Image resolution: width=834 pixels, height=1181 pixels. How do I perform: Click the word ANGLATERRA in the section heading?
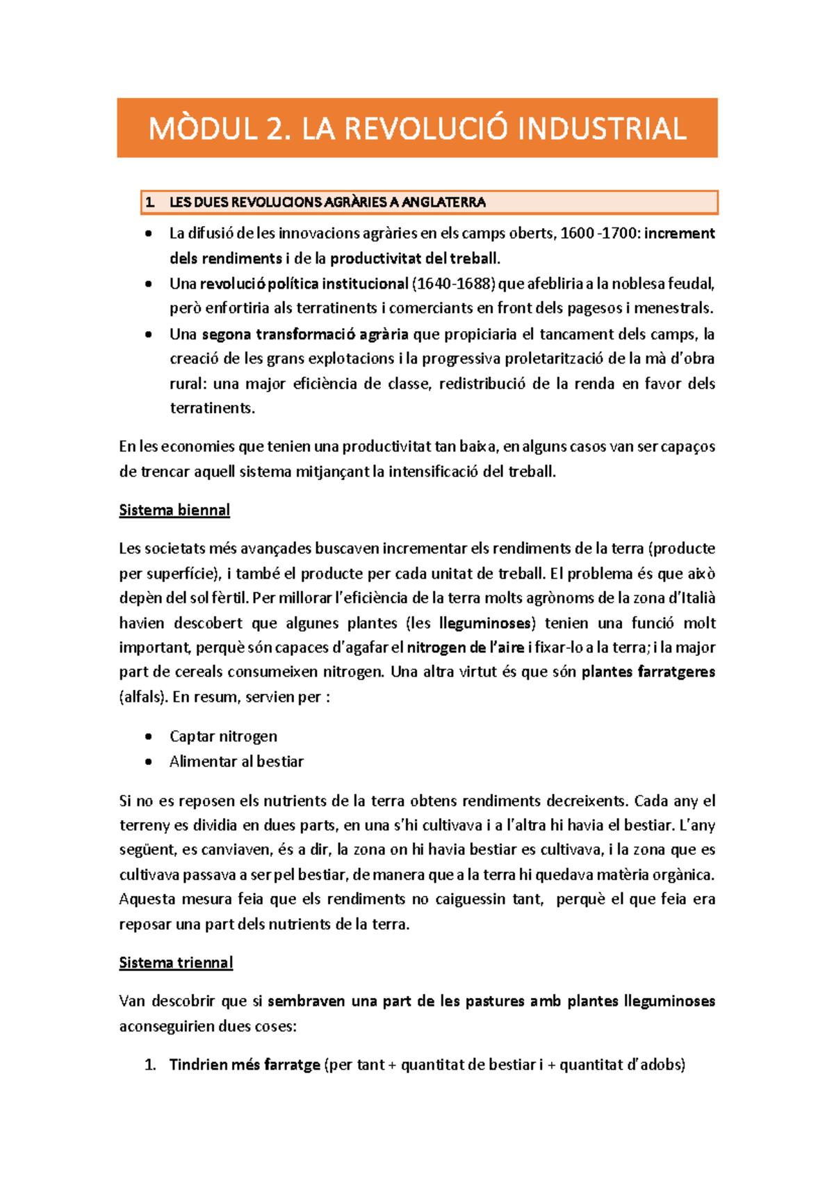pyautogui.click(x=443, y=202)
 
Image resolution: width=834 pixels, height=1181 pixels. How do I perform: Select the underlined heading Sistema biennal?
pyautogui.click(x=174, y=511)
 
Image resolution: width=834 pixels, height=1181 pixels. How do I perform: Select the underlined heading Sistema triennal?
pyautogui.click(x=176, y=963)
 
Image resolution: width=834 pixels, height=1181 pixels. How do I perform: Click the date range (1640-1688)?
pyautogui.click(x=454, y=284)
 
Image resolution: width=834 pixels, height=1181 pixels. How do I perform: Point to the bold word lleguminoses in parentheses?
pyautogui.click(x=486, y=623)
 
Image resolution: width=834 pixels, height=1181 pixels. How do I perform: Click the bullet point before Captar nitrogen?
pyautogui.click(x=148, y=737)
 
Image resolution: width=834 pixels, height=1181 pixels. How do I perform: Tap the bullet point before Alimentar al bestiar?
pyautogui.click(x=148, y=762)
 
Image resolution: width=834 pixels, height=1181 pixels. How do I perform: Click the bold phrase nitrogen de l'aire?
pyautogui.click(x=465, y=648)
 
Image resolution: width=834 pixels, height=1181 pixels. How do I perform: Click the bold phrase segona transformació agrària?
pyautogui.click(x=305, y=335)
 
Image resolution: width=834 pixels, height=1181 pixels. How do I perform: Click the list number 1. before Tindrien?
pyautogui.click(x=150, y=1065)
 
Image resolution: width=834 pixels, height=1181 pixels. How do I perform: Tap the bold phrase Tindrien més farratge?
pyautogui.click(x=245, y=1065)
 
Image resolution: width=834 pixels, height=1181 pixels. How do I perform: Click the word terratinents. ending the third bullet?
pyautogui.click(x=213, y=408)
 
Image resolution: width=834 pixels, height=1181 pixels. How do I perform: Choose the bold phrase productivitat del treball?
pyautogui.click(x=415, y=259)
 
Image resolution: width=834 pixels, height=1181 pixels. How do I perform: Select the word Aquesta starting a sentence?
pyautogui.click(x=147, y=899)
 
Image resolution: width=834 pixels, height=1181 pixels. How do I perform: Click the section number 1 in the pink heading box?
pyautogui.click(x=149, y=202)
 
